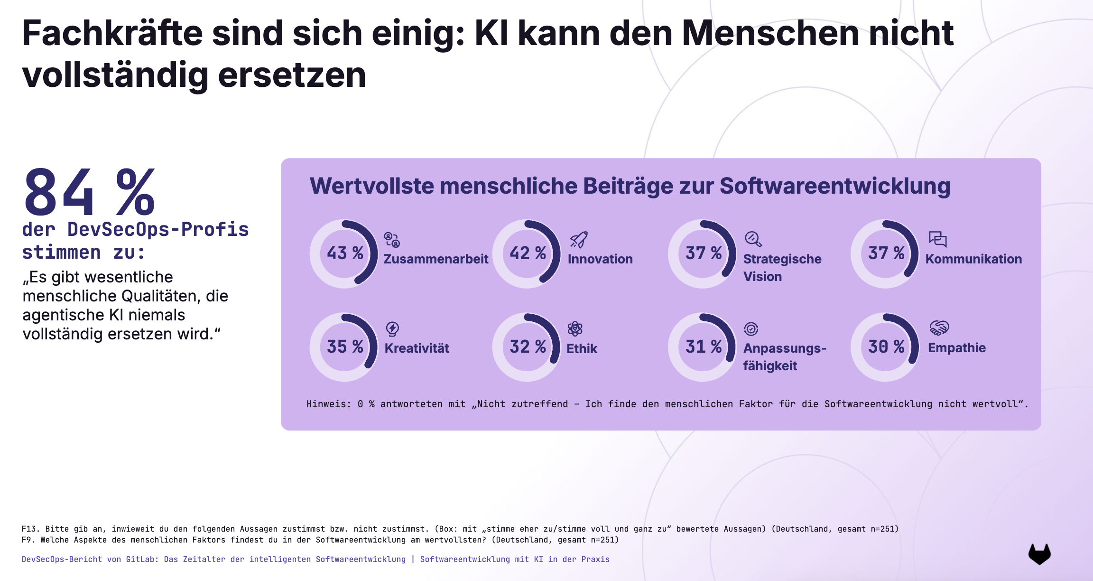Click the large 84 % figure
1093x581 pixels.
coord(89,192)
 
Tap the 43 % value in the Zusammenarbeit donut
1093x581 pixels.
coord(345,253)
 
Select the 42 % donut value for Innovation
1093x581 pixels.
coord(528,253)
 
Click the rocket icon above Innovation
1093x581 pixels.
coord(579,240)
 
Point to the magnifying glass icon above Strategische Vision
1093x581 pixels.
coord(753,239)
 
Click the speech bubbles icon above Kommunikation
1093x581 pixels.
coord(937,239)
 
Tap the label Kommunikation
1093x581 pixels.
coord(973,259)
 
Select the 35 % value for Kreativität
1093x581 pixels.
coord(345,347)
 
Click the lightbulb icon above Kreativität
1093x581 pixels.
coord(392,328)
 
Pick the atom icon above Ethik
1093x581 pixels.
coord(575,328)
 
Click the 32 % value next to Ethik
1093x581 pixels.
coord(528,347)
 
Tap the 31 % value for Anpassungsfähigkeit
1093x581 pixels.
coord(704,347)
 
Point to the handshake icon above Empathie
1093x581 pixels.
coord(939,328)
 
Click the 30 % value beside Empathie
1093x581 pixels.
coord(886,347)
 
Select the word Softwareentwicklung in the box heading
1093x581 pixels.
coord(835,186)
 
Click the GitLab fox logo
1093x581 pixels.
coord(1039,554)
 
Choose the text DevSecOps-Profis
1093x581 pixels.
coord(158,230)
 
